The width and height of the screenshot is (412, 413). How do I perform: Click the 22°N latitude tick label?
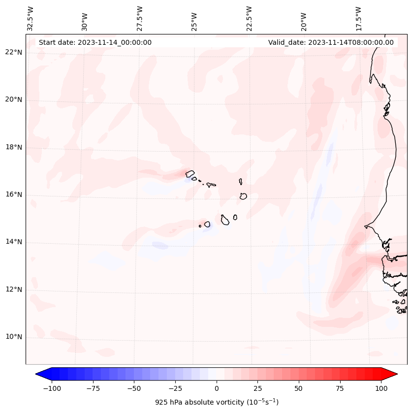pyautogui.click(x=13, y=53)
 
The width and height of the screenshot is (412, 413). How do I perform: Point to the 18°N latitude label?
pyautogui.click(x=13, y=147)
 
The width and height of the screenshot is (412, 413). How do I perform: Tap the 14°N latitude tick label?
pyautogui.click(x=13, y=242)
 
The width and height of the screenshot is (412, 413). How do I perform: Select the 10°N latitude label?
pyautogui.click(x=13, y=337)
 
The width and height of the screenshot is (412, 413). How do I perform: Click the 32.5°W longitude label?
pyautogui.click(x=31, y=18)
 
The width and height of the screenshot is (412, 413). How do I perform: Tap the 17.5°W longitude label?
pyautogui.click(x=358, y=18)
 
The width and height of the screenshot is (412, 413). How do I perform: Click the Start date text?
pyautogui.click(x=95, y=42)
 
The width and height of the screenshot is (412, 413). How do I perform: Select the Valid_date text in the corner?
pyautogui.click(x=331, y=42)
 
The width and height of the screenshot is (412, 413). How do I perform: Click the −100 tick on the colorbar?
pyautogui.click(x=52, y=388)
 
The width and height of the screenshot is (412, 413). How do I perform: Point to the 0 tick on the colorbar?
pyautogui.click(x=217, y=388)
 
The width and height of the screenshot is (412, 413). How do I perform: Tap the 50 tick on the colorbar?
pyautogui.click(x=299, y=388)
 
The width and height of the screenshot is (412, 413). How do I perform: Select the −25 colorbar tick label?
pyautogui.click(x=175, y=388)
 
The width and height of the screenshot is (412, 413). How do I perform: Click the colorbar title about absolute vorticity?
pyautogui.click(x=217, y=402)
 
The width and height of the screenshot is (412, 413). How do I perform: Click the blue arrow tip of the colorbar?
pyautogui.click(x=39, y=374)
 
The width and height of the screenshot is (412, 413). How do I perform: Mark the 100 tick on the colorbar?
pyautogui.click(x=381, y=388)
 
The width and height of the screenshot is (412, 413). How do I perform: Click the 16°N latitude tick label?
pyautogui.click(x=13, y=195)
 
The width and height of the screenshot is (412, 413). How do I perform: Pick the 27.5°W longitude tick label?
pyautogui.click(x=140, y=18)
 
